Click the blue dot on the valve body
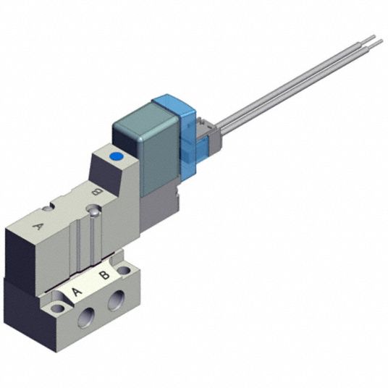[x=116, y=156]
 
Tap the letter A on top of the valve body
[x=38, y=226]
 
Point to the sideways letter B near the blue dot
[x=96, y=192]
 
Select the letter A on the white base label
[x=77, y=292]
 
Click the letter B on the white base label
[x=104, y=275]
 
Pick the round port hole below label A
[x=86, y=317]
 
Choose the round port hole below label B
[x=117, y=300]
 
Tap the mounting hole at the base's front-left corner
[x=58, y=308]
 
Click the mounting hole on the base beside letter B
[x=124, y=270]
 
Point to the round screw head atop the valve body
[x=94, y=212]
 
